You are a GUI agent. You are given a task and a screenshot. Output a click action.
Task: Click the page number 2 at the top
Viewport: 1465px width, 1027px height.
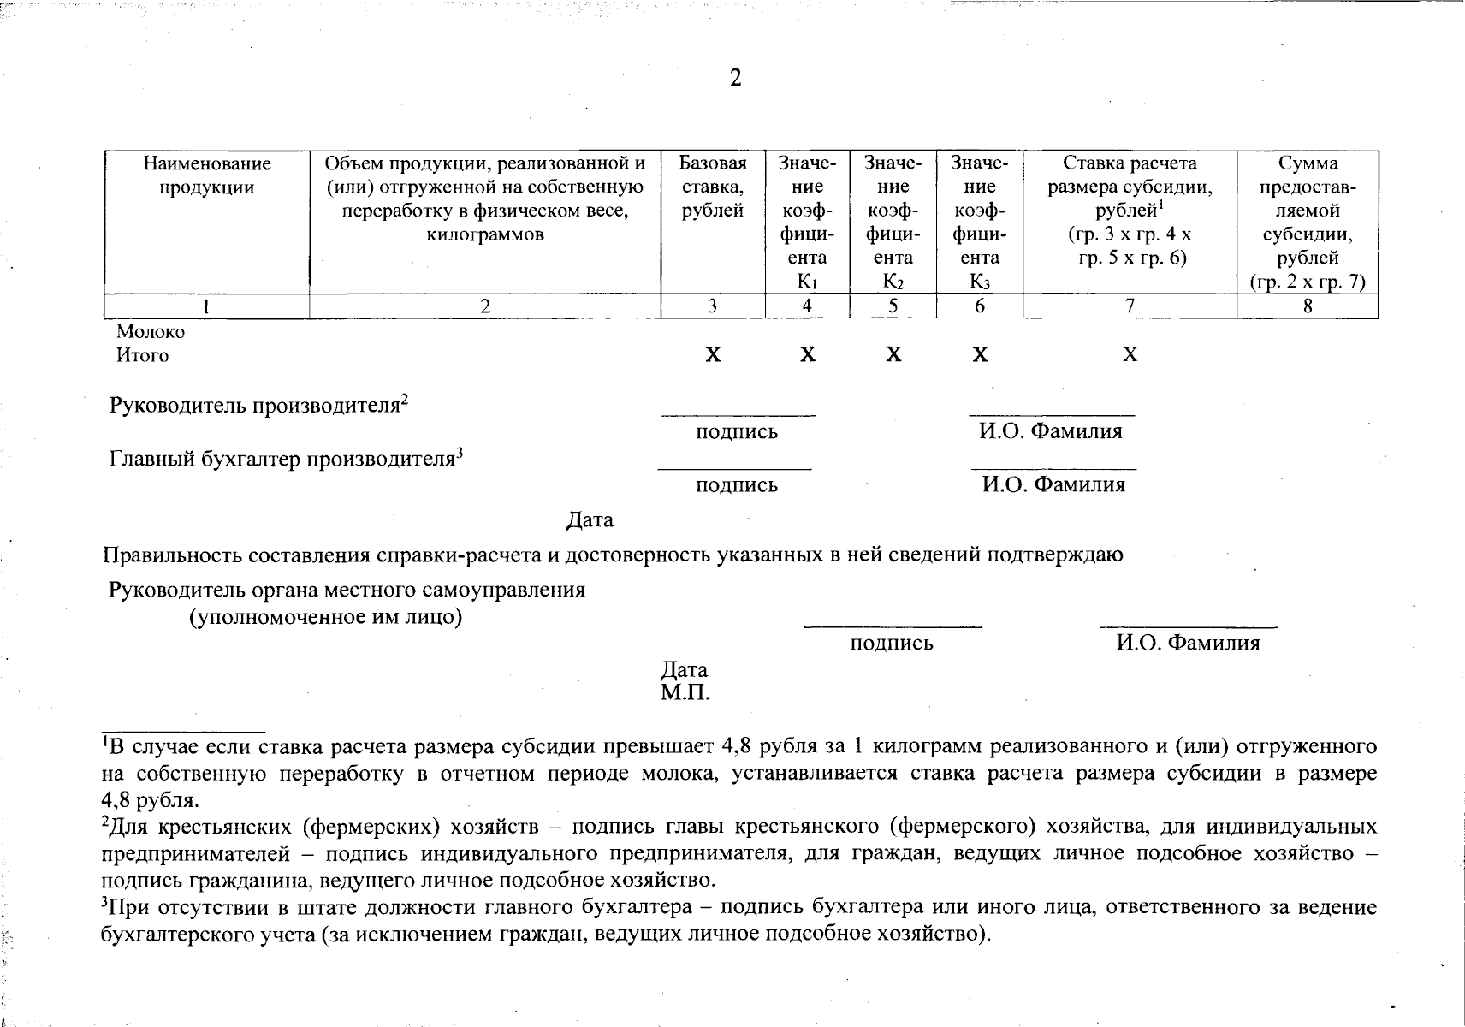tap(734, 79)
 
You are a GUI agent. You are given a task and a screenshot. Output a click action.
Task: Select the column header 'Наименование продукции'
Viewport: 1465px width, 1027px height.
tap(206, 175)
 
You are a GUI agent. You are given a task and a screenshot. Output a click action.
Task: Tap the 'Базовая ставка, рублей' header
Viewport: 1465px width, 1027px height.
tap(712, 187)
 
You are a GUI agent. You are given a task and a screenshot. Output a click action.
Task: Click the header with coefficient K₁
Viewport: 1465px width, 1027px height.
tap(807, 222)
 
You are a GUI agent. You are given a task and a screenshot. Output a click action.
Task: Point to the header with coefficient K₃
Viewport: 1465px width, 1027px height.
tap(979, 222)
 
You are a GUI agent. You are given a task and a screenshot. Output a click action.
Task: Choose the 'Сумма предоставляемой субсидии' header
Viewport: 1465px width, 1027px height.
tap(1307, 222)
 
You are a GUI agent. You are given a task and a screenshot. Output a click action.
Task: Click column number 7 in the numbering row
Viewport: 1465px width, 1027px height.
tap(1130, 306)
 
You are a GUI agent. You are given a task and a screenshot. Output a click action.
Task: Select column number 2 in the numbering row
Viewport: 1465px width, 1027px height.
tap(485, 306)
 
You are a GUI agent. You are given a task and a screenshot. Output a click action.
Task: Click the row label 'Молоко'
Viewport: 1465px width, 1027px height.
tap(151, 332)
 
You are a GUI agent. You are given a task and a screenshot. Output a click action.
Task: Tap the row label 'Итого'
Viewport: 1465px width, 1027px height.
tap(142, 355)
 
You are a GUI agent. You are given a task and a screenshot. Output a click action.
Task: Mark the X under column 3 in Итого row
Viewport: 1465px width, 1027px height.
tap(712, 355)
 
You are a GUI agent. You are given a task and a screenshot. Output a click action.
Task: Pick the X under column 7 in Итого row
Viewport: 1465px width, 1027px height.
tap(1130, 355)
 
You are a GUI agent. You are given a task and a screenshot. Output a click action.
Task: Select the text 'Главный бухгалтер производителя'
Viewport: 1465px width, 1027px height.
tap(282, 460)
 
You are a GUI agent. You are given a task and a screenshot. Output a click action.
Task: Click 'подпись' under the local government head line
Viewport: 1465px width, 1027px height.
tap(891, 644)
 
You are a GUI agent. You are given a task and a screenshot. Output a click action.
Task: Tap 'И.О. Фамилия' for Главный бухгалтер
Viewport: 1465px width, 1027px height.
tap(1053, 485)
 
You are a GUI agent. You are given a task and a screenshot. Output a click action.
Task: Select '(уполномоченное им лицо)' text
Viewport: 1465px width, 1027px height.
tap(325, 617)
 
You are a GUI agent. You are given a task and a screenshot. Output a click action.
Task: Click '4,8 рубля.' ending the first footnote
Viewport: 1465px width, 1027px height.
tap(150, 801)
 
